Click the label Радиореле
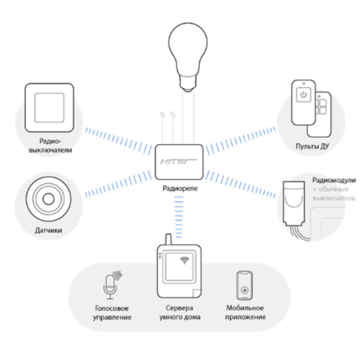coord(180,189)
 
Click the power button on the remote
coord(303,95)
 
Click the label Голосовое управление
coord(110,312)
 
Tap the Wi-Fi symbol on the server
coord(184,260)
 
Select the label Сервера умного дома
coord(179,312)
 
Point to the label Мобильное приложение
coord(245,312)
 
